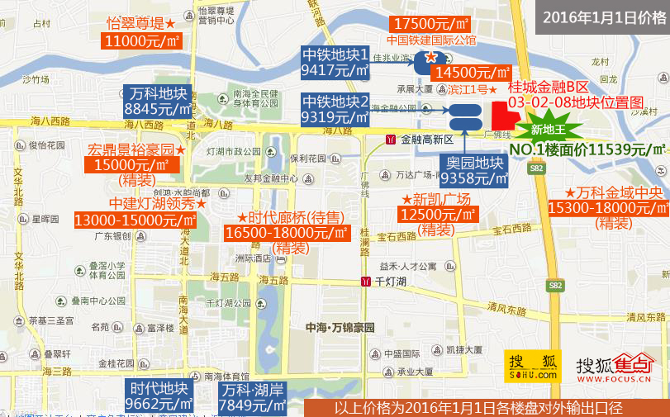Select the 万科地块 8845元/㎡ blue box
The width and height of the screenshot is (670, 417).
[158, 101]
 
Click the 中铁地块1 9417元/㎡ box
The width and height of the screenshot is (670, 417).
[335, 64]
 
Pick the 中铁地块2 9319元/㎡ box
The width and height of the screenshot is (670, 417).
[335, 110]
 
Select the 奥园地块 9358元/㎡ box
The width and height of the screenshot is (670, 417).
[472, 170]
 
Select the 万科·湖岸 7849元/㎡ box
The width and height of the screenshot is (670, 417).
[253, 397]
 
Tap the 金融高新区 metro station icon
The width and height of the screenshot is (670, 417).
[390, 140]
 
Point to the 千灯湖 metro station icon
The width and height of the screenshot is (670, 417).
[364, 282]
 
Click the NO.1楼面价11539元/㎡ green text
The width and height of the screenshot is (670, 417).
[588, 149]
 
